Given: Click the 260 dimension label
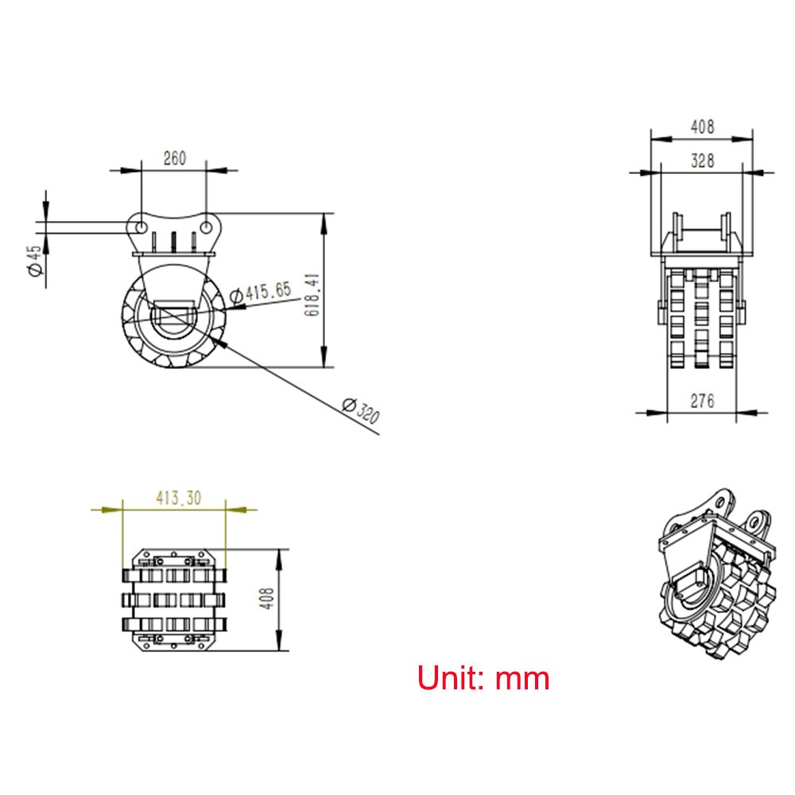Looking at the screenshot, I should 174,158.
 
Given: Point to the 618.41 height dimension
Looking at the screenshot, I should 313,293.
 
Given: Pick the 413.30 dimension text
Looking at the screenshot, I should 178,498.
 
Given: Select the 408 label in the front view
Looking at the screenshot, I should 702,126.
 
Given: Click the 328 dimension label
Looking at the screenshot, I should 702,161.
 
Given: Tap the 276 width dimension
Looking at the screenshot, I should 701,401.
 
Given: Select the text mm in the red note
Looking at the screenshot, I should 522,679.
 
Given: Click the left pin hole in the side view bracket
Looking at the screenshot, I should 140,227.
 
